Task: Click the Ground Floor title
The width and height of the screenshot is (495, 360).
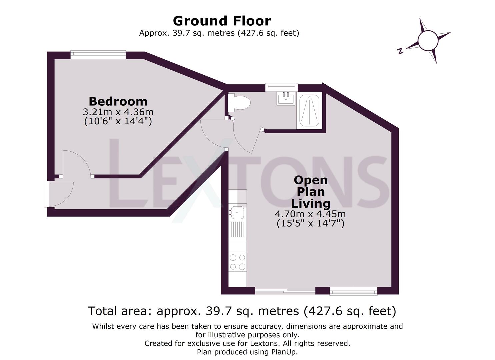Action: [x=222, y=21]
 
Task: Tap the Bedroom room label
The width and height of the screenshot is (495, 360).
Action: [x=118, y=101]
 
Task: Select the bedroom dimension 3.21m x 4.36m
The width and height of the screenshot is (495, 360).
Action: [x=118, y=112]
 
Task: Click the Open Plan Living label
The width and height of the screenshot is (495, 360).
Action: [x=311, y=192]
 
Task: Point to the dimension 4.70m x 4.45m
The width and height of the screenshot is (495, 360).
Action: [x=310, y=214]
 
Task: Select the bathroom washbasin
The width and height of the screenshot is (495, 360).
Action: [x=286, y=98]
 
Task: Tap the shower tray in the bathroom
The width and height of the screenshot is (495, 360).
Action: [x=309, y=111]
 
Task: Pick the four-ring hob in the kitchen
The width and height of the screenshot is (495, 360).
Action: [x=238, y=262]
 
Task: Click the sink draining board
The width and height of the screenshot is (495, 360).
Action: [x=238, y=230]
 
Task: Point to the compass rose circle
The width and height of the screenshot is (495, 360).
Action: [x=428, y=40]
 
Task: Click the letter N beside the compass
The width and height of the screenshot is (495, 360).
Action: [x=400, y=51]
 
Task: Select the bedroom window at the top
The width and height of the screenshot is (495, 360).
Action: [x=98, y=54]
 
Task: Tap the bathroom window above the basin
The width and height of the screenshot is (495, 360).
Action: [x=281, y=87]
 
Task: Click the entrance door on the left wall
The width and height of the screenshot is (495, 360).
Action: [x=47, y=194]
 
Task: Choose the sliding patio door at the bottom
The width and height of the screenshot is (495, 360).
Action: [x=285, y=291]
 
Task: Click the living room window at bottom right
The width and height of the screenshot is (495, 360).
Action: [x=353, y=291]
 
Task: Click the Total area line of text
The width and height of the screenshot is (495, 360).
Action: [x=242, y=311]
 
